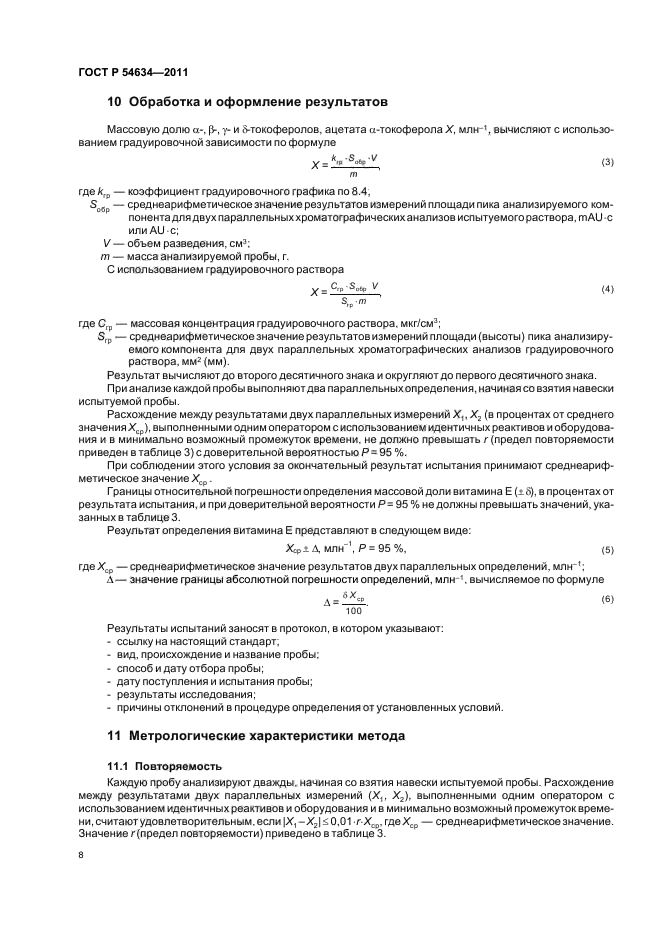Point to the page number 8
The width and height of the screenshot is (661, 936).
click(x=81, y=856)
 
